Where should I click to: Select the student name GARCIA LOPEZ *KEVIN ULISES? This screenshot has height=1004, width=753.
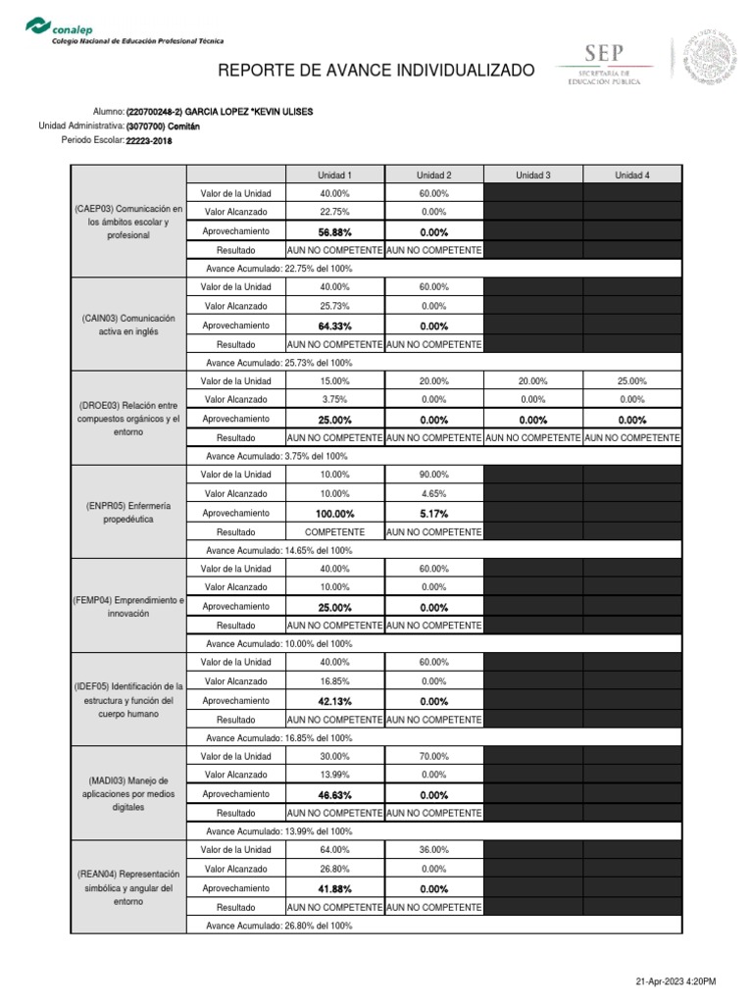click(x=220, y=112)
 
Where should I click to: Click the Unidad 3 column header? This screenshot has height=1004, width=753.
click(x=532, y=176)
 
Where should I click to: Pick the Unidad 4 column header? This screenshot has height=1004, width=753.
click(x=631, y=176)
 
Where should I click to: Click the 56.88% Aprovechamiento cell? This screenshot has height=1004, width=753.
click(x=334, y=232)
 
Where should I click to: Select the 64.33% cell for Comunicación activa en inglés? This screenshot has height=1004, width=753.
click(x=334, y=326)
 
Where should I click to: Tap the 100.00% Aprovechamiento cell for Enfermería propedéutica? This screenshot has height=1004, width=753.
click(x=334, y=514)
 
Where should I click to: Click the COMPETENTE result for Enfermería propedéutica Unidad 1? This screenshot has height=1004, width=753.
click(x=334, y=532)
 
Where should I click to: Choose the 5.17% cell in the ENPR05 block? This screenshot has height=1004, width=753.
click(x=433, y=514)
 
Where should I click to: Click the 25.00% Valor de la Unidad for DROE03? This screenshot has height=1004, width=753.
click(x=631, y=381)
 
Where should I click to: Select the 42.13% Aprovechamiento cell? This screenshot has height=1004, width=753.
click(x=334, y=701)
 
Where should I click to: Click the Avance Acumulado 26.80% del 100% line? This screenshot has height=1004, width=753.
click(x=279, y=926)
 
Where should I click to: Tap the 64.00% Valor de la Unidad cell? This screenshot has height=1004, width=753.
click(x=334, y=850)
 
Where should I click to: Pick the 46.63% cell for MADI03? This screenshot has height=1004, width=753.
click(x=334, y=795)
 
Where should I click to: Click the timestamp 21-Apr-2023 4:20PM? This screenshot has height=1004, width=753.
click(x=676, y=981)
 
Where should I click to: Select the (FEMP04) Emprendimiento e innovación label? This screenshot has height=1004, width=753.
click(x=128, y=605)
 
